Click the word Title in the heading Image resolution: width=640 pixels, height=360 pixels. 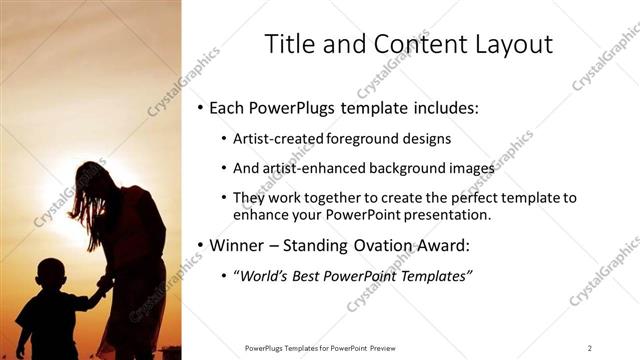click(289, 45)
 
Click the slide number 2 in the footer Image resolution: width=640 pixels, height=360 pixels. click(589, 347)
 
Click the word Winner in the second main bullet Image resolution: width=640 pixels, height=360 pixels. click(240, 245)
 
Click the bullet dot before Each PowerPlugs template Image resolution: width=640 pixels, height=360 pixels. click(200, 106)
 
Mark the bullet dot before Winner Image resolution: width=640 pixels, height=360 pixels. click(200, 245)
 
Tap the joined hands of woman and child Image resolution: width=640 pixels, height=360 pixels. click(100, 293)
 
